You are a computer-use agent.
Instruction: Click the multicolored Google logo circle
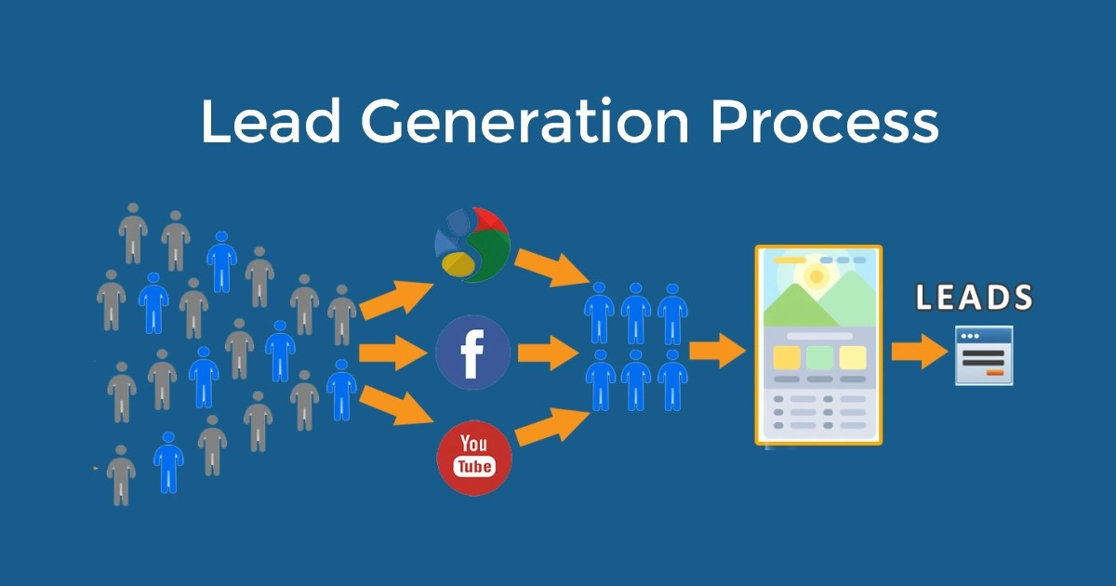pyautogui.click(x=472, y=245)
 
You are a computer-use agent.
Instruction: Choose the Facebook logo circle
pyautogui.click(x=472, y=353)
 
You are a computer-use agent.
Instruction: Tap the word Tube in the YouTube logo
pyautogui.click(x=473, y=467)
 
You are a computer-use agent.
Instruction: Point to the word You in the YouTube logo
pyautogui.click(x=472, y=445)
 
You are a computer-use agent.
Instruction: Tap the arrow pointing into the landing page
pyautogui.click(x=720, y=352)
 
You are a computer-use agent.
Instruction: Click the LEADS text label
pyautogui.click(x=974, y=298)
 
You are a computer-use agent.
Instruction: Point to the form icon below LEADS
pyautogui.click(x=984, y=355)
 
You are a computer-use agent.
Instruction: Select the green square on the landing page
pyautogui.click(x=818, y=357)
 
